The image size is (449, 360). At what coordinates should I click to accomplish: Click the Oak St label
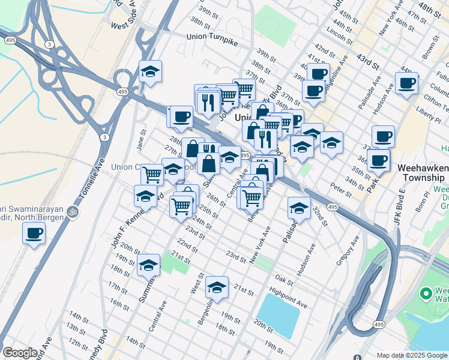click(x=283, y=279)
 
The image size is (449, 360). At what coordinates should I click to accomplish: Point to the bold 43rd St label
click(x=370, y=61)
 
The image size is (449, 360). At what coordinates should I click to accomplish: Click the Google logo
click(x=20, y=353)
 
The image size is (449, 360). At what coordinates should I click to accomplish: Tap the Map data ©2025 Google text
click(x=411, y=355)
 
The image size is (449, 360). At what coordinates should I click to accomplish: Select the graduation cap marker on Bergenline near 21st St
click(x=217, y=287)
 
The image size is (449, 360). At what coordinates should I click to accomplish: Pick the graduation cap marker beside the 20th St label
click(x=148, y=265)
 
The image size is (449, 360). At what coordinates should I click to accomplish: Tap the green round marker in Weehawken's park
click(x=426, y=294)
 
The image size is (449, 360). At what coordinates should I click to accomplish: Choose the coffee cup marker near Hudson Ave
click(x=406, y=83)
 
